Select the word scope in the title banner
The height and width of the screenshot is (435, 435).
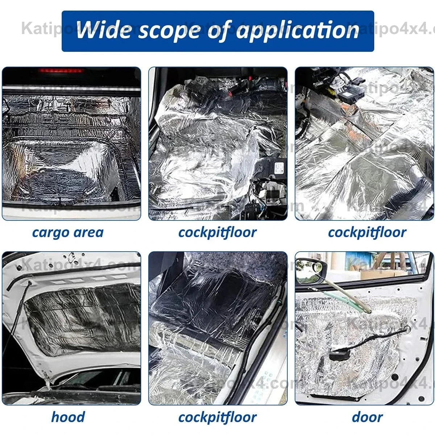pyautogui.click(x=169, y=30)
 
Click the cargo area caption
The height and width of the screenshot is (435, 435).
pyautogui.click(x=68, y=232)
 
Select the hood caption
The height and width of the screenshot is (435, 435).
pyautogui.click(x=68, y=417)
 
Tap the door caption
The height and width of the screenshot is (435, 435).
pyautogui.click(x=367, y=417)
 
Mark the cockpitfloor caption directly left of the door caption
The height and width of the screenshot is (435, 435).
pyautogui.click(x=217, y=417)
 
